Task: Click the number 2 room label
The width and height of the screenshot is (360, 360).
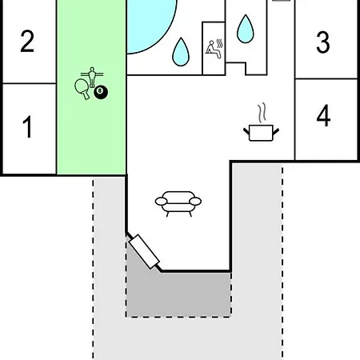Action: click(x=27, y=41)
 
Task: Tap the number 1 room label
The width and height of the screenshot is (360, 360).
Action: click(x=27, y=126)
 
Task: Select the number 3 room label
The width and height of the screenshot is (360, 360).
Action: click(x=323, y=42)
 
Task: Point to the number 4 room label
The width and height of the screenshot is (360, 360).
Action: click(x=323, y=115)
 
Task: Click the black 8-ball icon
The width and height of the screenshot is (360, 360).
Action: click(x=101, y=93)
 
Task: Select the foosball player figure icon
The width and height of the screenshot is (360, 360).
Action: click(x=92, y=77)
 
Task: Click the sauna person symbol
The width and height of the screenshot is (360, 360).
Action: click(x=214, y=50)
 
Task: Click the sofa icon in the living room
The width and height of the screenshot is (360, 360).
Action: click(x=178, y=204)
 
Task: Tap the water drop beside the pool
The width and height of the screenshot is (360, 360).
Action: click(x=181, y=52)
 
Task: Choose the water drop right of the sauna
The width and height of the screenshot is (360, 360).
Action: click(x=246, y=29)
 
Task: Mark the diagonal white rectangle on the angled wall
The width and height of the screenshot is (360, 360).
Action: click(x=144, y=251)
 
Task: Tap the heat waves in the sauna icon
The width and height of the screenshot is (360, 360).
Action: click(x=219, y=44)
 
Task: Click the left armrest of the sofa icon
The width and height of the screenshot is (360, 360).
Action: click(x=161, y=202)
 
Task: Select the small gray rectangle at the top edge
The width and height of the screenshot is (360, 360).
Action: click(x=281, y=1)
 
